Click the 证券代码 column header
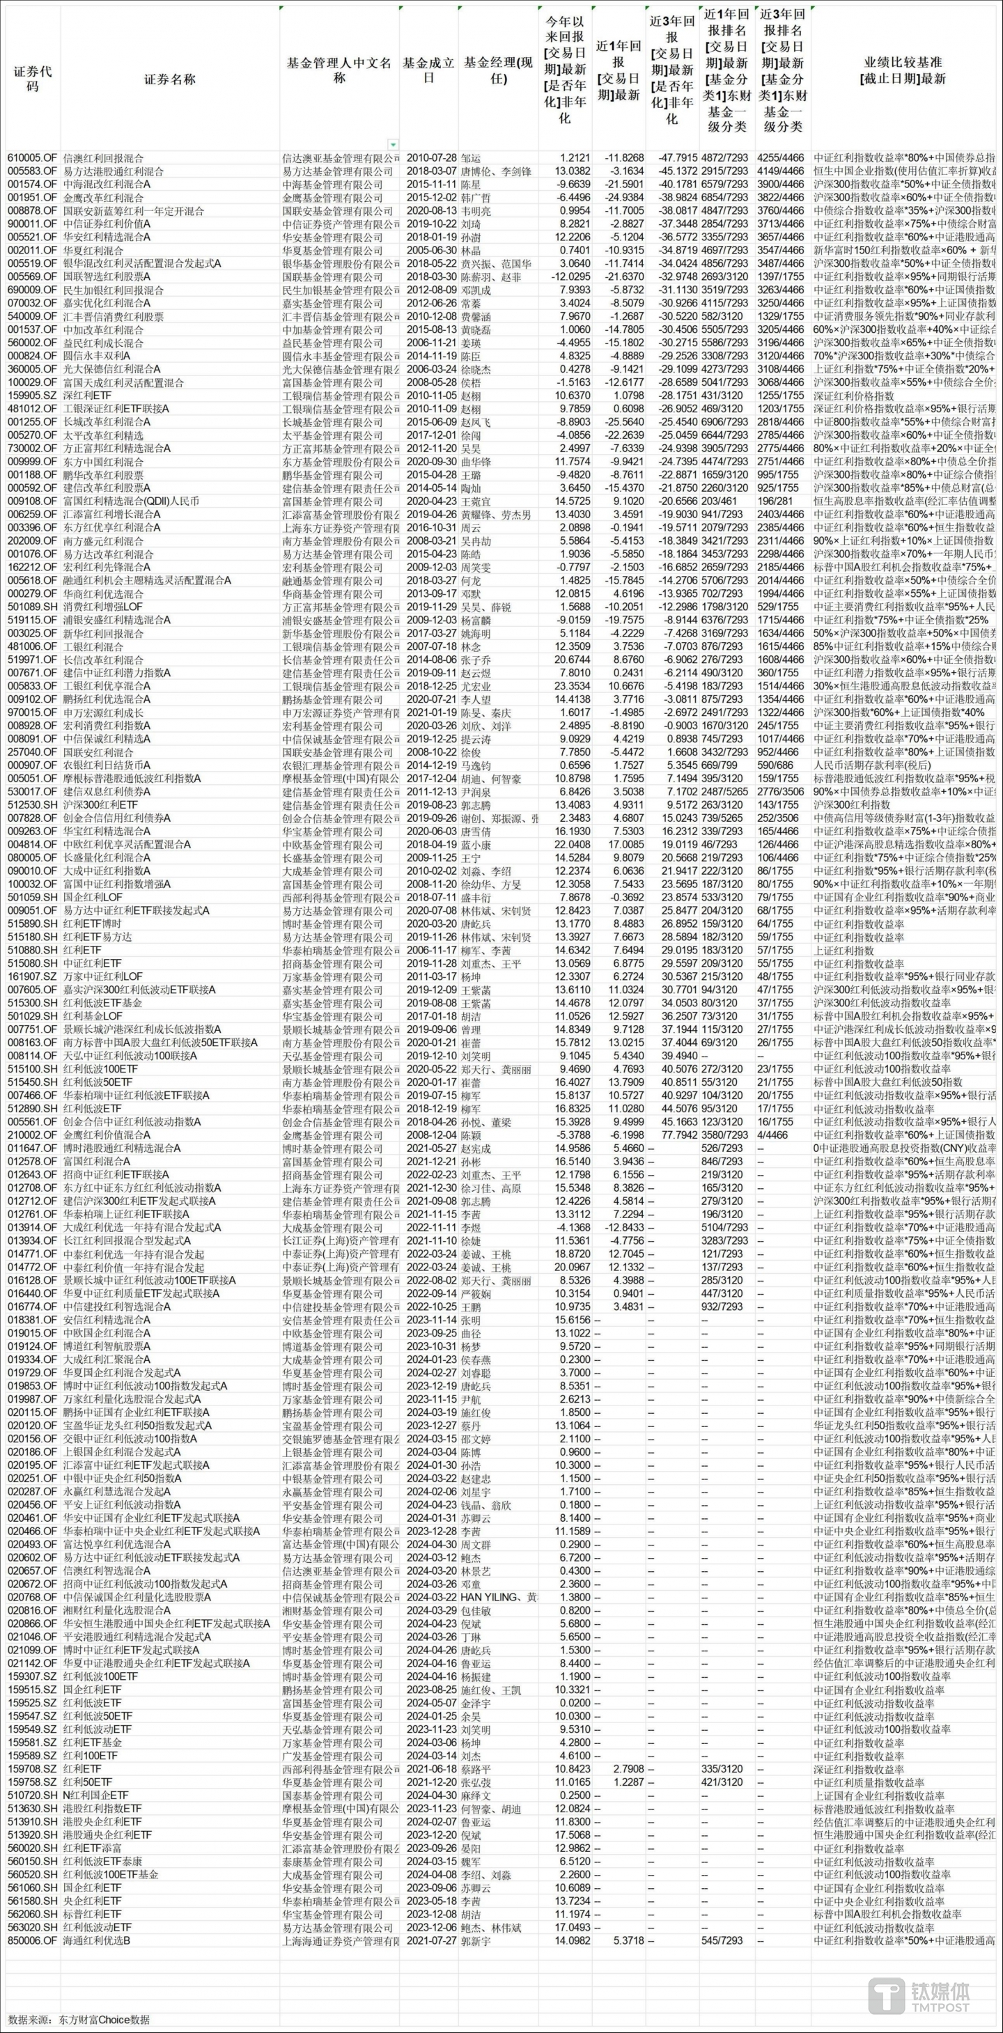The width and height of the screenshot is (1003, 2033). (x=32, y=78)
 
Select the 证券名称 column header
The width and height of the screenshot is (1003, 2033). (x=170, y=79)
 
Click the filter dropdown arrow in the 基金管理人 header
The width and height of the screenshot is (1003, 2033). (x=393, y=144)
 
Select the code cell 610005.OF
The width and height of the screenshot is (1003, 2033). (x=32, y=158)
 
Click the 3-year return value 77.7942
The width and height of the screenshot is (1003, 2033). (x=672, y=1134)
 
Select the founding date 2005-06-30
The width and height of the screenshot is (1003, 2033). (x=429, y=250)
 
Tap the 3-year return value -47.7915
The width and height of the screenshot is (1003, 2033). (x=672, y=158)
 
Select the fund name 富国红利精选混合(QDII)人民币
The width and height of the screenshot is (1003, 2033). (x=132, y=500)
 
